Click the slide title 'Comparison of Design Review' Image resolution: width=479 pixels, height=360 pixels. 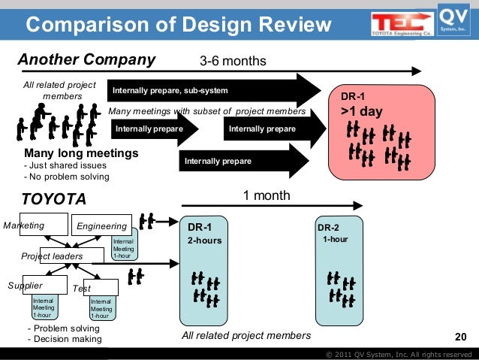pyautogui.click(x=179, y=26)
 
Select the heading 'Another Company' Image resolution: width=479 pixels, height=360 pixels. pyautogui.click(x=86, y=60)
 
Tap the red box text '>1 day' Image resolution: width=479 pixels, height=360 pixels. pyautogui.click(x=362, y=112)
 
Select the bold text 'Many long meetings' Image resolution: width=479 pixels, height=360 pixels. pyautogui.click(x=82, y=153)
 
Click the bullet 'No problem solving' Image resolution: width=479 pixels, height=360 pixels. pyautogui.click(x=67, y=177)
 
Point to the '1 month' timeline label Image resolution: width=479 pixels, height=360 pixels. pyautogui.click(x=267, y=195)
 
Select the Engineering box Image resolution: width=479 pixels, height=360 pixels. pyautogui.click(x=101, y=225)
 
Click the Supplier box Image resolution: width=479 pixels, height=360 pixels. pyautogui.click(x=26, y=286)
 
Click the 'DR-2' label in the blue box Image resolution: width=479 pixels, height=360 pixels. pyautogui.click(x=328, y=228)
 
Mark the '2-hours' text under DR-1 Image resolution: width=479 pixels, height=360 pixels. pyautogui.click(x=205, y=241)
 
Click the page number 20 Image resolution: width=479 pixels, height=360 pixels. pyautogui.click(x=461, y=336)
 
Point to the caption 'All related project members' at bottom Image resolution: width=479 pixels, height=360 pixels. pyautogui.click(x=246, y=335)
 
